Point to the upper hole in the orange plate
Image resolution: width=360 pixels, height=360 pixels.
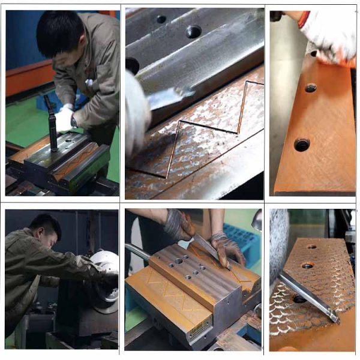click(x=310, y=88)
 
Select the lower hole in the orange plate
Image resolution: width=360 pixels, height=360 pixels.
click(x=302, y=144)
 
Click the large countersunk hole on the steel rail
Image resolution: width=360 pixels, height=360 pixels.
click(x=193, y=31)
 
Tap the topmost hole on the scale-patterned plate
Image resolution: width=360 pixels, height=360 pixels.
click(x=312, y=246)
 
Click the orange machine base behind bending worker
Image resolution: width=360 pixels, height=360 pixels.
click(x=27, y=78)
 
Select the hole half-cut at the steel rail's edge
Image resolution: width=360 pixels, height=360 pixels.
click(x=132, y=64)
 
